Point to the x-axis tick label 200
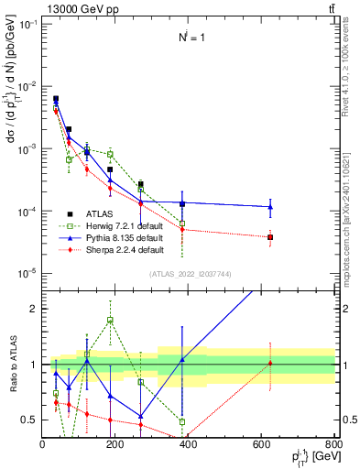click(x=115, y=444)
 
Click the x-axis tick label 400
click(x=189, y=444)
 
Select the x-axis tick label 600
click(x=262, y=444)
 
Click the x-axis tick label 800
click(x=333, y=444)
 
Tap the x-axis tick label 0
click(x=43, y=444)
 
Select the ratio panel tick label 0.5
click(x=30, y=420)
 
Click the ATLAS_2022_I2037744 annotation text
click(x=188, y=274)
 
